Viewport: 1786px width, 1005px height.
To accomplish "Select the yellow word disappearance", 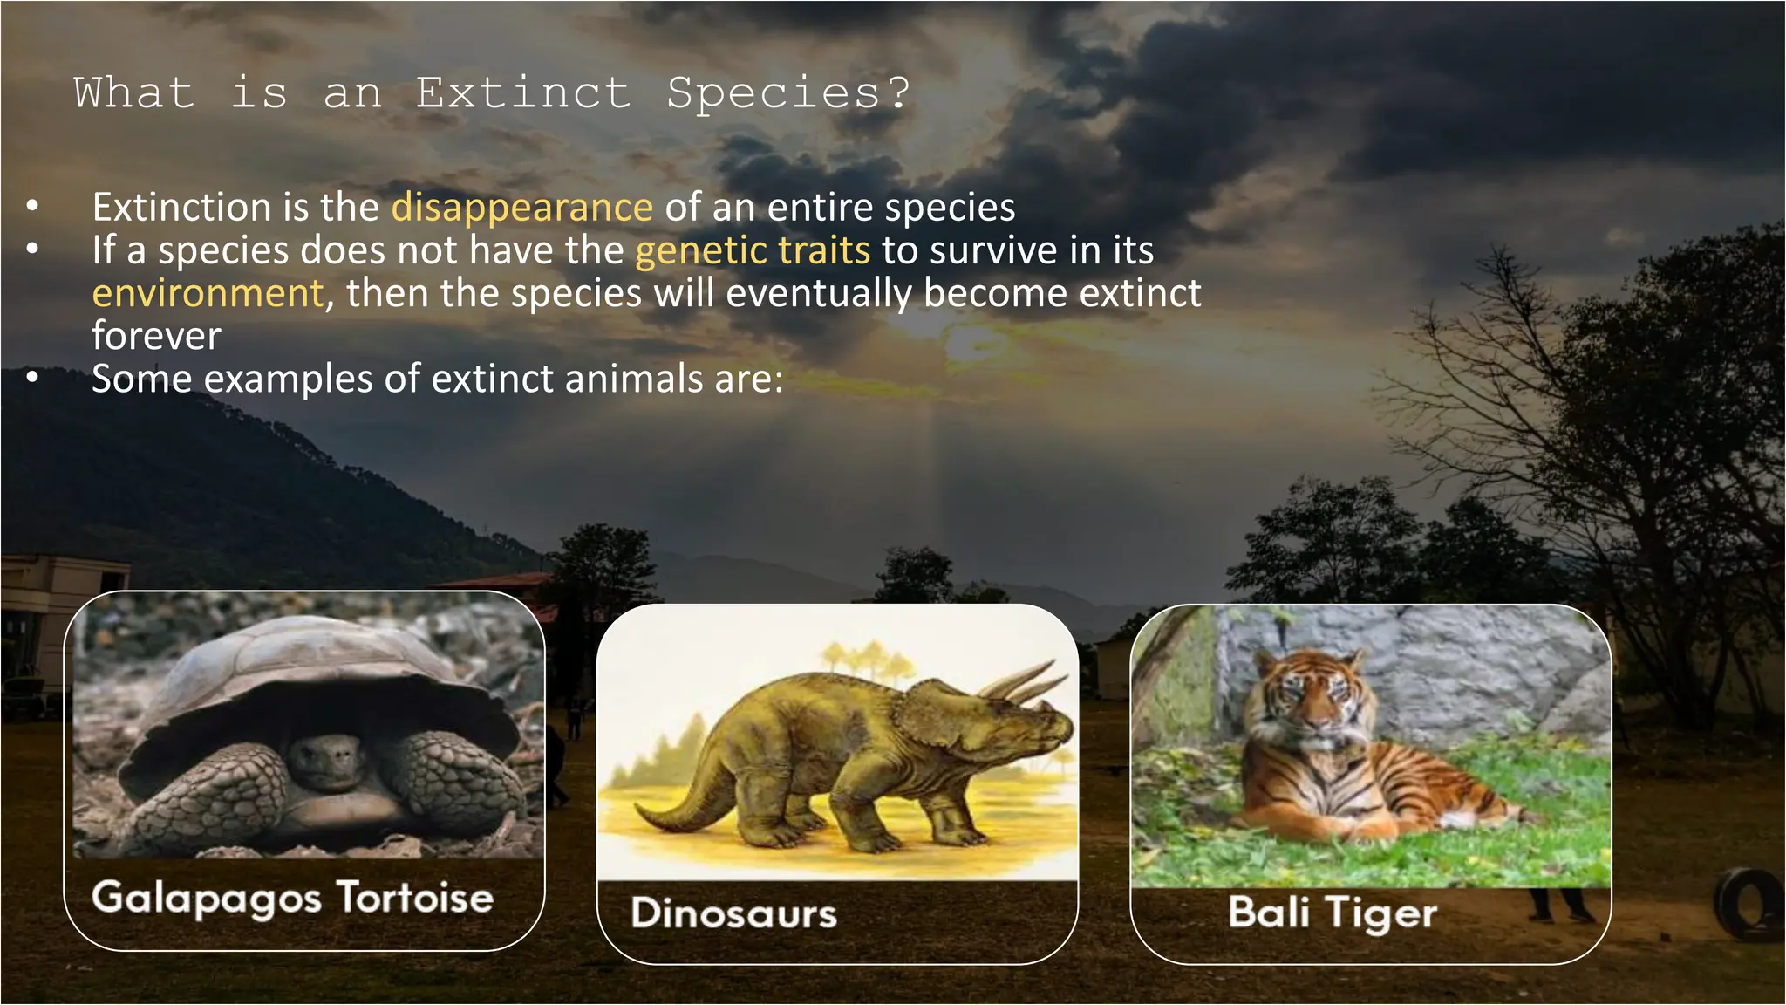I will coord(521,208).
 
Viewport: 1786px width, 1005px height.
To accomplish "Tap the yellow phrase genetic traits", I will coord(752,250).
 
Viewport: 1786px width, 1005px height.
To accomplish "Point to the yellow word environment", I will coord(208,293).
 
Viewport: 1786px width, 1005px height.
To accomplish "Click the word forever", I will coord(157,336).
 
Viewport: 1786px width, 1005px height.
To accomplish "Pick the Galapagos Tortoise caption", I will coord(292,898).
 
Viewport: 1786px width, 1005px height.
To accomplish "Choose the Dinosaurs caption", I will coord(733,913).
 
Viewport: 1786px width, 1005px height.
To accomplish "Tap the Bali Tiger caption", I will coord(1332,913).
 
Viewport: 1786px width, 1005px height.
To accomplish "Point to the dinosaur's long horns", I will coord(1020,680).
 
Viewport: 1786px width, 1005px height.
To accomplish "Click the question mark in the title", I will coord(899,92).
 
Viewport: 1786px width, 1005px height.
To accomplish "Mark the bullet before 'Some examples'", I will coord(32,379).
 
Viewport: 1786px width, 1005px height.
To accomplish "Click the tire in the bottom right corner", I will coord(1749,903).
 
